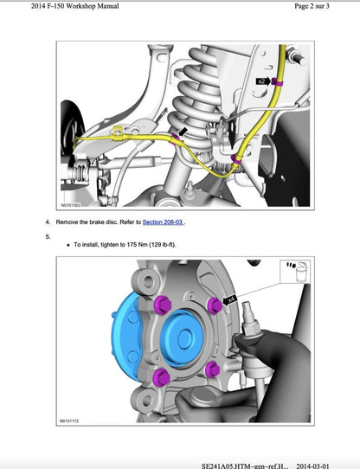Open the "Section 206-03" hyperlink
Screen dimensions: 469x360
click(x=164, y=222)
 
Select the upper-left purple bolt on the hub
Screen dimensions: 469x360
click(x=164, y=305)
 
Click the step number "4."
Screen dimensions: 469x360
click(x=48, y=222)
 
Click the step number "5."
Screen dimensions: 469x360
click(x=48, y=234)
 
